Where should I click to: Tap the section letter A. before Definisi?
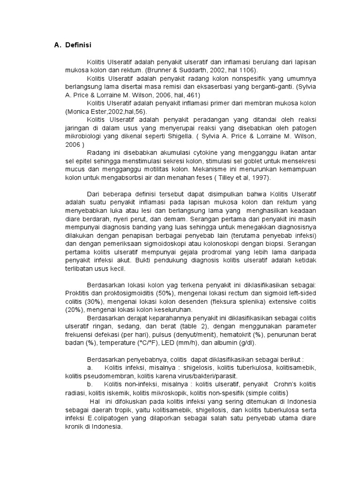pos(58,45)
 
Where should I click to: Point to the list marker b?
pos(90,383)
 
